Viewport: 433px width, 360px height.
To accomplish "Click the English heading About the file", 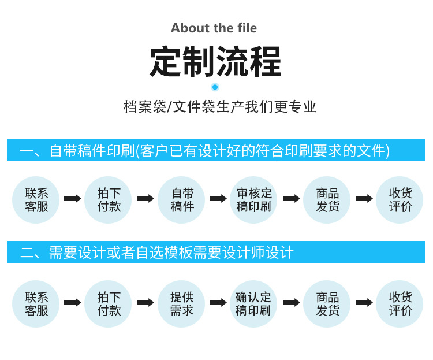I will click(x=214, y=28).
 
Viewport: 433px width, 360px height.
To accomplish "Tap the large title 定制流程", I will click(x=215, y=61).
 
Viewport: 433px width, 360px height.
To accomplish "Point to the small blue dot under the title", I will click(x=215, y=87).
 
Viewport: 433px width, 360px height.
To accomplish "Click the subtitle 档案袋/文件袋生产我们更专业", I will click(x=220, y=107).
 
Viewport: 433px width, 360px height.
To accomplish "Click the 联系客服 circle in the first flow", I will click(x=36, y=200).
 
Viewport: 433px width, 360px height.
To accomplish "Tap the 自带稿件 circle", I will click(x=182, y=200).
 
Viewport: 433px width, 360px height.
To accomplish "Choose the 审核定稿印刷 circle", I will click(x=254, y=200).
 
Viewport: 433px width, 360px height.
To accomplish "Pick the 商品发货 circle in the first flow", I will click(x=327, y=200).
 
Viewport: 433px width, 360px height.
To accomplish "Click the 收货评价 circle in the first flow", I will click(x=400, y=200).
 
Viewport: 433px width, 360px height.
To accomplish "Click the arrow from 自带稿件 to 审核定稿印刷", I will click(x=218, y=199).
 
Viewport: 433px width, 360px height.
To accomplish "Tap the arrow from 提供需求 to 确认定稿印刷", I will click(x=218, y=302).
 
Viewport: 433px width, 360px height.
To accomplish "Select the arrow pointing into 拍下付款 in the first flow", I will click(x=73, y=199).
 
